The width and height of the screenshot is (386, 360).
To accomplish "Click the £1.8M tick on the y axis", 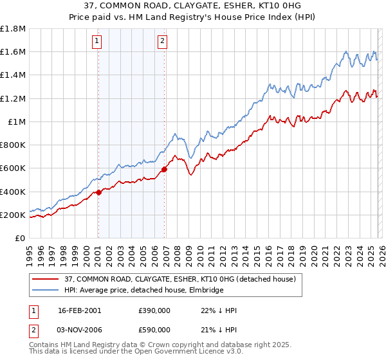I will (x=13, y=29).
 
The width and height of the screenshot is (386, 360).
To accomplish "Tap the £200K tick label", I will (x=13, y=215).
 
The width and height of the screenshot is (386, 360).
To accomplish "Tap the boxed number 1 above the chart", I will (x=97, y=42).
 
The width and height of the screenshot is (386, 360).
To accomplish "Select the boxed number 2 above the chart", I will (x=162, y=42).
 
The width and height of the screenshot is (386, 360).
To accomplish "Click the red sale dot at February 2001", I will (x=98, y=192).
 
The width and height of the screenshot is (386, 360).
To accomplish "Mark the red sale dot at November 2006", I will (x=164, y=169).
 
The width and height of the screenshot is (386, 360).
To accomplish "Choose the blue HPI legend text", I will (x=143, y=291).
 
